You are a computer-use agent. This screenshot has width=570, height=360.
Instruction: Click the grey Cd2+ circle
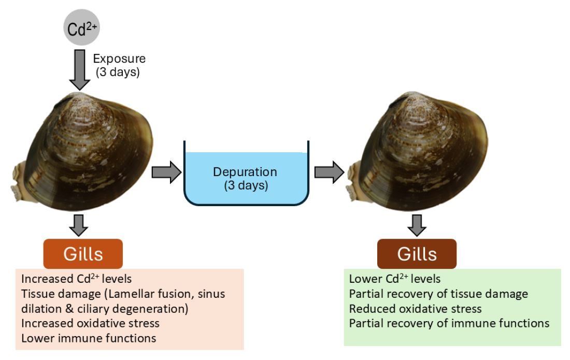click(x=81, y=27)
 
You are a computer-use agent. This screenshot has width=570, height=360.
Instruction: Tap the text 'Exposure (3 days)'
click(x=119, y=65)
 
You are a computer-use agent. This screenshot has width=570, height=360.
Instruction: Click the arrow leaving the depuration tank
click(x=329, y=173)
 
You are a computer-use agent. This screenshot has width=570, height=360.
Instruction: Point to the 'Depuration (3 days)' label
click(x=246, y=178)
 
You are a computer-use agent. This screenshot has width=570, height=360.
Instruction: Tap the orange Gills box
click(x=83, y=254)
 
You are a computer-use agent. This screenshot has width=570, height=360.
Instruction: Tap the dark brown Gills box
click(x=417, y=254)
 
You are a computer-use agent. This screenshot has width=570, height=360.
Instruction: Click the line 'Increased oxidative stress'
click(x=90, y=324)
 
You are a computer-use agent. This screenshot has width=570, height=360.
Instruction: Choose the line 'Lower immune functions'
click(x=89, y=339)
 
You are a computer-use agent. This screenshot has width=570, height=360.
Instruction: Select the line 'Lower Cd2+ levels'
click(x=395, y=279)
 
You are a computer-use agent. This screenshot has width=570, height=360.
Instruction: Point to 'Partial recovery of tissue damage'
click(x=438, y=294)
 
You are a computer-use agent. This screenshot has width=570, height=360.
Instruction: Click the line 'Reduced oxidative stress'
click(x=416, y=309)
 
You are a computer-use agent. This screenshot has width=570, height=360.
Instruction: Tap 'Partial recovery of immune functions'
click(x=449, y=324)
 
